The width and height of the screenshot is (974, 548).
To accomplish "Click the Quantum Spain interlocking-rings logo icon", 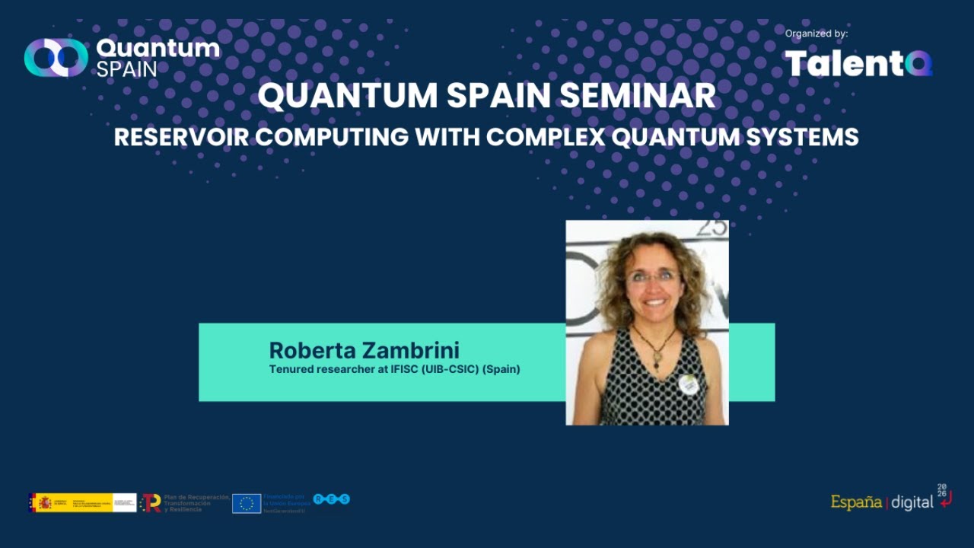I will click(x=56, y=58).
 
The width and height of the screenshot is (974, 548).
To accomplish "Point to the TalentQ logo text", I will click(x=858, y=63).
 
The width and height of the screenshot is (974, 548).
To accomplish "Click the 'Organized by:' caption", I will click(x=816, y=33).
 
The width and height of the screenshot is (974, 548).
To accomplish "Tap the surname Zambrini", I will click(x=415, y=350).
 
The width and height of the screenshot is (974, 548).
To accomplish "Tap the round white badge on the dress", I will click(x=689, y=384).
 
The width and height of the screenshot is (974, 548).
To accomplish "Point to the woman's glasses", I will click(x=652, y=277).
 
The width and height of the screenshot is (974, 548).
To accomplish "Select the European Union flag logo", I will click(x=247, y=503).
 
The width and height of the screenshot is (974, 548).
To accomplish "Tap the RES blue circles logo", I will click(x=332, y=499).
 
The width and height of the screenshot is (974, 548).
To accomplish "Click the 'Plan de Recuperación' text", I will click(x=196, y=497).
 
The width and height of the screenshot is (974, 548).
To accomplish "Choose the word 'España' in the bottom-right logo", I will click(x=856, y=502).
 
